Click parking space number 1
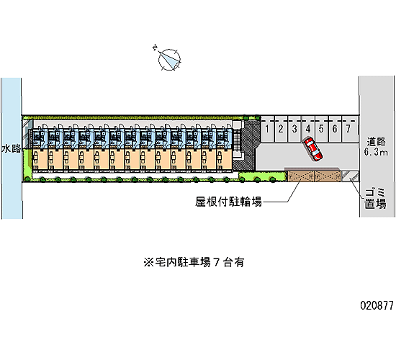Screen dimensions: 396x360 [267, 129]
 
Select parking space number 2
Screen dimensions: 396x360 [281, 129]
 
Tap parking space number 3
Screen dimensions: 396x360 [294, 129]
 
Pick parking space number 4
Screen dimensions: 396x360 [308, 129]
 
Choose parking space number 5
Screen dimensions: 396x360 [321, 129]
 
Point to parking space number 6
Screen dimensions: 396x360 [335, 129]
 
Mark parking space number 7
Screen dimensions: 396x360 [348, 129]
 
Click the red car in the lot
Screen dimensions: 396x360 [313, 149]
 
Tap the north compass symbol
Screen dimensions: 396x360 [169, 60]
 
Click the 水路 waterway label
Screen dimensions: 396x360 [12, 148]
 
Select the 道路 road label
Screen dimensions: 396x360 [376, 142]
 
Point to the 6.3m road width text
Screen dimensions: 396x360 [376, 152]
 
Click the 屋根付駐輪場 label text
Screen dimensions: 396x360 [228, 202]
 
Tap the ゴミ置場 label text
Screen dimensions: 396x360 [375, 198]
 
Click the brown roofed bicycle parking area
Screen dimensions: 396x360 [314, 176]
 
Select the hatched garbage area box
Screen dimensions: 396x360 [350, 176]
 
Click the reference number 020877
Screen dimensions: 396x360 [377, 305]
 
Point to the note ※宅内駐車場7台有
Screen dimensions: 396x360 [194, 263]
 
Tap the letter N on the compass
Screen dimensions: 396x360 [155, 48]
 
